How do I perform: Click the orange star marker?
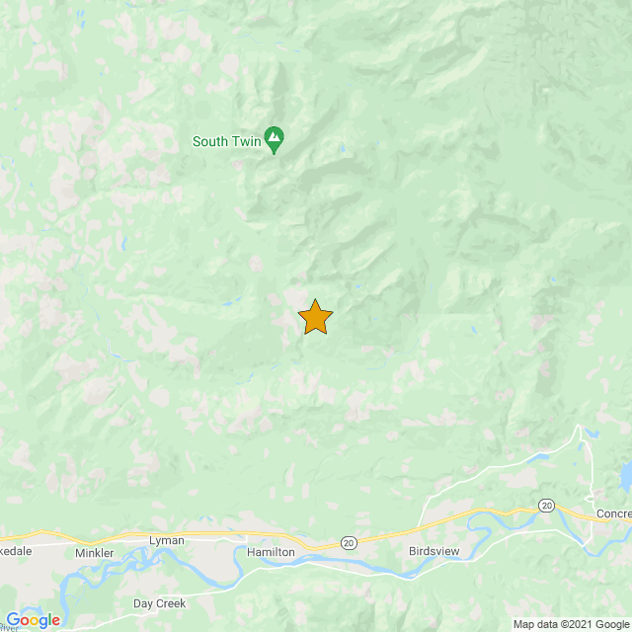coord(315,318)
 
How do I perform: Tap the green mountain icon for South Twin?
coord(275,140)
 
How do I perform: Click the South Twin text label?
coord(226,141)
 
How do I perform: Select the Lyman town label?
coord(166,541)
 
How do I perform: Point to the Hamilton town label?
coord(271,553)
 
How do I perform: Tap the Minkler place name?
coord(95,553)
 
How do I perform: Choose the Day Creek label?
coord(158,602)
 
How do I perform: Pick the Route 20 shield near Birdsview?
coord(348,542)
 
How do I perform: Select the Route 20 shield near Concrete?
coord(546,506)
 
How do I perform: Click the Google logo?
coord(33,619)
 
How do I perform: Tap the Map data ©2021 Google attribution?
coord(571,623)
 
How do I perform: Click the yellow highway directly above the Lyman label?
coord(166,532)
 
